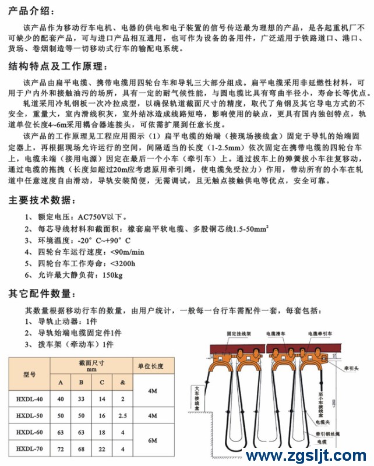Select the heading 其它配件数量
click(40, 292)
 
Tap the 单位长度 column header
click(150, 367)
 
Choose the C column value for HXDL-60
click(102, 433)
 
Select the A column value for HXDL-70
click(61, 449)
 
